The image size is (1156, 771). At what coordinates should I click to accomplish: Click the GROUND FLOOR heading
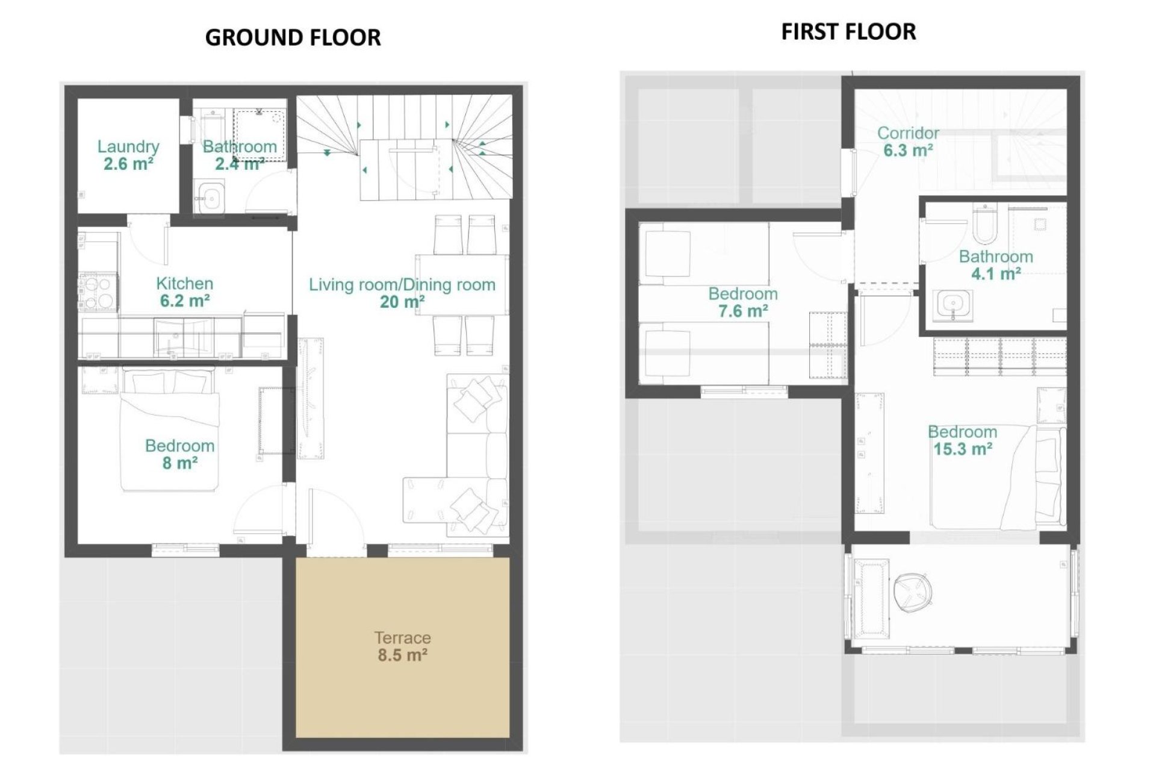point(293,37)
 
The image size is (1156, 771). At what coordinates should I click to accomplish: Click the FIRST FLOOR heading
point(848,31)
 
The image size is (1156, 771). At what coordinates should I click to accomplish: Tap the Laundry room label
point(128,146)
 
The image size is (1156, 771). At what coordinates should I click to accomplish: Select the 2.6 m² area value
point(128,164)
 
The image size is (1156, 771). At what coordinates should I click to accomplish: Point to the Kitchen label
point(184,283)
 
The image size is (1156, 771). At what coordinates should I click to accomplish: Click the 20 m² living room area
point(402,302)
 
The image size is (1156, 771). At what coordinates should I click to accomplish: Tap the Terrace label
point(402,637)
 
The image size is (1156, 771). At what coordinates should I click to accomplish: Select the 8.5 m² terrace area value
point(402,655)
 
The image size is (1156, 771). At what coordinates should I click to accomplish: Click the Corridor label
point(908,133)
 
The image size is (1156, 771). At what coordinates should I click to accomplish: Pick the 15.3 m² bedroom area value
point(962,449)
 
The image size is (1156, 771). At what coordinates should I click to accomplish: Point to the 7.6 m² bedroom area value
point(742,311)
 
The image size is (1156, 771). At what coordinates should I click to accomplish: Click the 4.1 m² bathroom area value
point(996,274)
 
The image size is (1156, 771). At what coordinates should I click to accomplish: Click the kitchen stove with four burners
point(98,292)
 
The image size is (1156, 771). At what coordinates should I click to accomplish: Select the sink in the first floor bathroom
point(953,304)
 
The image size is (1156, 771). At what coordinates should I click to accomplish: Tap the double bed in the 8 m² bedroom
point(169,431)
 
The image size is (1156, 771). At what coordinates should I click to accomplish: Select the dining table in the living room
point(462,285)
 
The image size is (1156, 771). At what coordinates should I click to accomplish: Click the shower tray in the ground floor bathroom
point(259,135)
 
